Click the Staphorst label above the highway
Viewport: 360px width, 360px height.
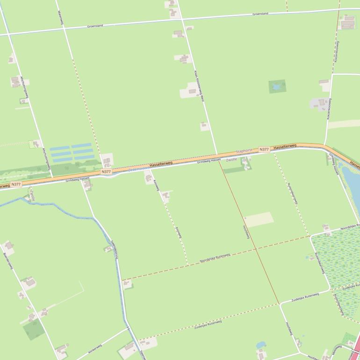pos(244,151)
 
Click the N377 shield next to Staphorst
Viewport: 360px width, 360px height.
pos(264,150)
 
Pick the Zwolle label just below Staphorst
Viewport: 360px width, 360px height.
pos(231,160)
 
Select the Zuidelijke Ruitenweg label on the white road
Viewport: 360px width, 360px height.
pos(305,297)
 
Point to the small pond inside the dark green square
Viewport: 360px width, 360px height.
pos(277,86)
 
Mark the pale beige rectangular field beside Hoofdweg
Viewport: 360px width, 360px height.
pos(259,220)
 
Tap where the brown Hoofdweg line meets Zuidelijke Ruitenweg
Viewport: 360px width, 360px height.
pos(279,304)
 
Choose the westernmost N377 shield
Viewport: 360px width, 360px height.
pos(16,184)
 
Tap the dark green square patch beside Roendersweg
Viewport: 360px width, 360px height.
pos(34,330)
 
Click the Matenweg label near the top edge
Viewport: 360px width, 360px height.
pos(60,18)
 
